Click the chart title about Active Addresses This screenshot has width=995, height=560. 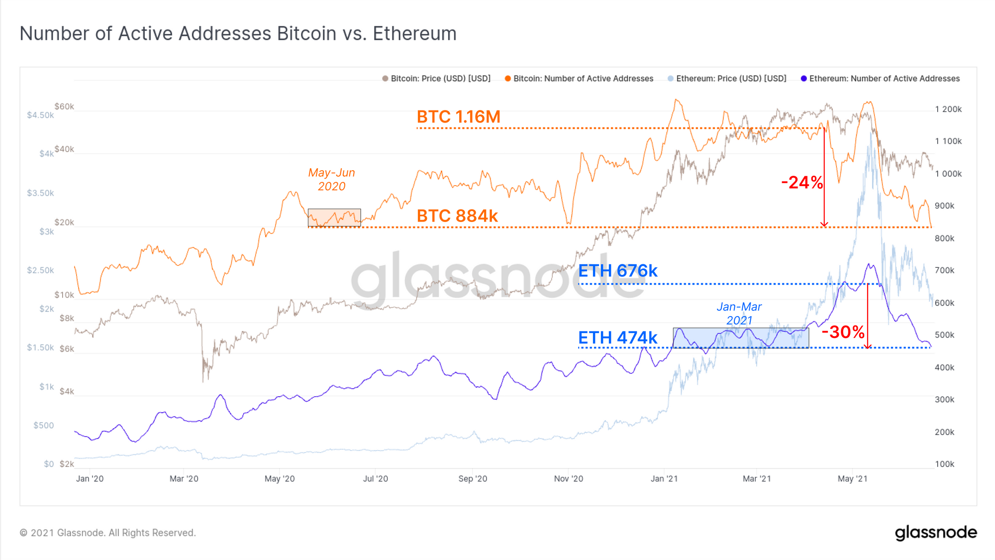238,33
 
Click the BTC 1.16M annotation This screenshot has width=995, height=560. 458,117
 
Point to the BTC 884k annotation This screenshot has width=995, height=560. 457,216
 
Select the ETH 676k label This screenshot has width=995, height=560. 617,271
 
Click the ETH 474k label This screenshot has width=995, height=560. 617,338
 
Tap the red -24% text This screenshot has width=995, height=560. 801,183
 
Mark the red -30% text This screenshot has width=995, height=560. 843,332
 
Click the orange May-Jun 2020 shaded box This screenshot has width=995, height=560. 334,218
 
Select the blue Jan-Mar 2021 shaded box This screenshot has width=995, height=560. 740,338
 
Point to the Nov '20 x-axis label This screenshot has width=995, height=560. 568,479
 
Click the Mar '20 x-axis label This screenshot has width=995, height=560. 184,479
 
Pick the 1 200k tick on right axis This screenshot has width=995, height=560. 948,110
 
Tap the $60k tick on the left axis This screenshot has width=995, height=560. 64,107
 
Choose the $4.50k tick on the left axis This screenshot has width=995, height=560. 40,115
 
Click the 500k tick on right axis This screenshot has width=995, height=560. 944,335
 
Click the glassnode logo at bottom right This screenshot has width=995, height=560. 935,533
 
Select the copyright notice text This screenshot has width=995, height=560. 108,533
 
